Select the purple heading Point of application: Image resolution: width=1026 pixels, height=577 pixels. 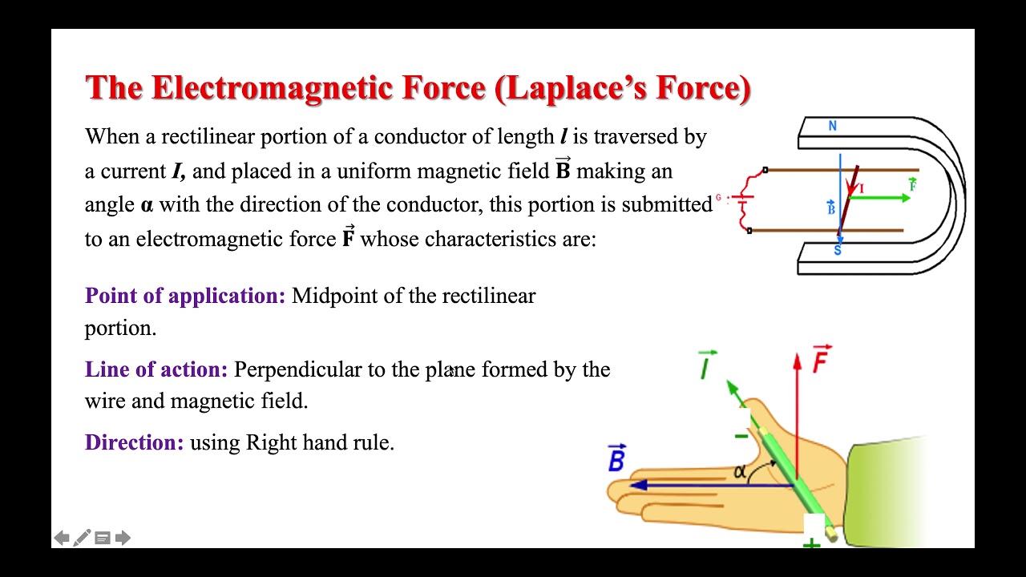(x=185, y=296)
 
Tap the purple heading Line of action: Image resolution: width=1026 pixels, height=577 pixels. (x=156, y=369)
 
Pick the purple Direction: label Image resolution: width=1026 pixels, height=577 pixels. (x=134, y=442)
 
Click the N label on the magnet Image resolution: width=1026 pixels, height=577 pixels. (x=833, y=126)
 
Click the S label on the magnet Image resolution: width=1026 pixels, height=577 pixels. (x=838, y=251)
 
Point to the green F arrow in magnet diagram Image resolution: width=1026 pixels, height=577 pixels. (x=882, y=198)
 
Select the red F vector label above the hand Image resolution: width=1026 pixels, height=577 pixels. (x=822, y=360)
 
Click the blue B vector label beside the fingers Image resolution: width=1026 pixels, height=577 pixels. (x=616, y=459)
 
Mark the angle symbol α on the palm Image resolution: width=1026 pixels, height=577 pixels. (x=740, y=472)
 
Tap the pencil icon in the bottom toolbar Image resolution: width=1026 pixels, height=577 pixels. (x=82, y=538)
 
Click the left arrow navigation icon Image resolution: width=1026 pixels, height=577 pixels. (x=62, y=538)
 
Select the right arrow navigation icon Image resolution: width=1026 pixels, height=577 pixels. (x=123, y=538)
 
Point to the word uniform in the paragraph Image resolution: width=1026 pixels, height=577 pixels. (x=374, y=171)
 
